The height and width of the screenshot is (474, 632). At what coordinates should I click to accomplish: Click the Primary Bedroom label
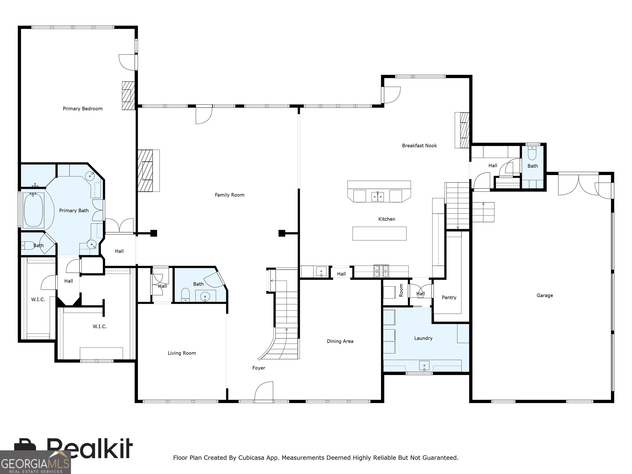(82, 109)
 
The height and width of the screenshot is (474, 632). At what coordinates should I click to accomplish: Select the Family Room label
(229, 195)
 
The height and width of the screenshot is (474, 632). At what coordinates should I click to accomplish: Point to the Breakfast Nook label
(419, 146)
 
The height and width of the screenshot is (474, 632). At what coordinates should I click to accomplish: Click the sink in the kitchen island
(378, 196)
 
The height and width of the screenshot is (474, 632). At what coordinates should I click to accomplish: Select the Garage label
(545, 295)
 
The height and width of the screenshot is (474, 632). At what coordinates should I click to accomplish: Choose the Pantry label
(449, 297)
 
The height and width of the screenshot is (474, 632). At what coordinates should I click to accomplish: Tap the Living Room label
(182, 353)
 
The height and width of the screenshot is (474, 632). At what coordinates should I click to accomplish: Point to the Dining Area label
(340, 341)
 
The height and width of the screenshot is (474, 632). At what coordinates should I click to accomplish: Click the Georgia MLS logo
(35, 462)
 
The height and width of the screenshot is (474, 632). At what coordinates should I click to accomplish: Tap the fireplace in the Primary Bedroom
(128, 95)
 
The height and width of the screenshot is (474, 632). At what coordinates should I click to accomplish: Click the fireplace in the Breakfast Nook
(462, 130)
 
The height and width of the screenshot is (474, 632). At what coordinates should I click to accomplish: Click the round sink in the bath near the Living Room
(205, 297)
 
